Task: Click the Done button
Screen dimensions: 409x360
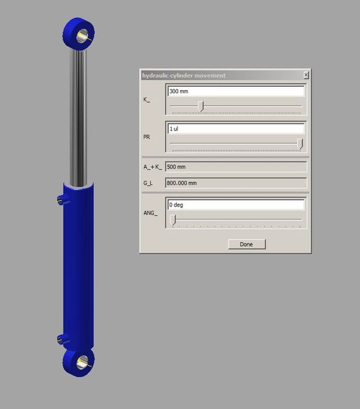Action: click(246, 244)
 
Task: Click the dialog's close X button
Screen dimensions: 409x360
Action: click(306, 75)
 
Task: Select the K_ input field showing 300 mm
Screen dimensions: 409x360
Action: click(236, 91)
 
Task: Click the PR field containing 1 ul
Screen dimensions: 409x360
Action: click(236, 128)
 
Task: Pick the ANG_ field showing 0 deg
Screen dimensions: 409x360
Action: click(236, 205)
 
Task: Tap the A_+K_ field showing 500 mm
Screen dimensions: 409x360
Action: click(236, 167)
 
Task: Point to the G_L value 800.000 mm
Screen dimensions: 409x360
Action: click(236, 183)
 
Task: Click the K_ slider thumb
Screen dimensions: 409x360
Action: click(201, 106)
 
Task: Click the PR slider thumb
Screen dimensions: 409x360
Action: click(300, 144)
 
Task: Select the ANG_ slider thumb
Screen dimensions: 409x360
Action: click(172, 220)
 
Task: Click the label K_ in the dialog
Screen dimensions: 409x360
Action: click(147, 100)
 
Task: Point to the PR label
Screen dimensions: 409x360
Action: click(147, 137)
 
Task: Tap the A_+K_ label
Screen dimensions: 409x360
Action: click(152, 167)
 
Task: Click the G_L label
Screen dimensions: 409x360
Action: click(148, 183)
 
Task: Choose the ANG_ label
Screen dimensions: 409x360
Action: click(150, 212)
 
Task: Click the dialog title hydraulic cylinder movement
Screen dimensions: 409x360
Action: click(184, 75)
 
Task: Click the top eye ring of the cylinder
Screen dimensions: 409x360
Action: click(79, 32)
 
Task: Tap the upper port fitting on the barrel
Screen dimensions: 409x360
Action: click(61, 199)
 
